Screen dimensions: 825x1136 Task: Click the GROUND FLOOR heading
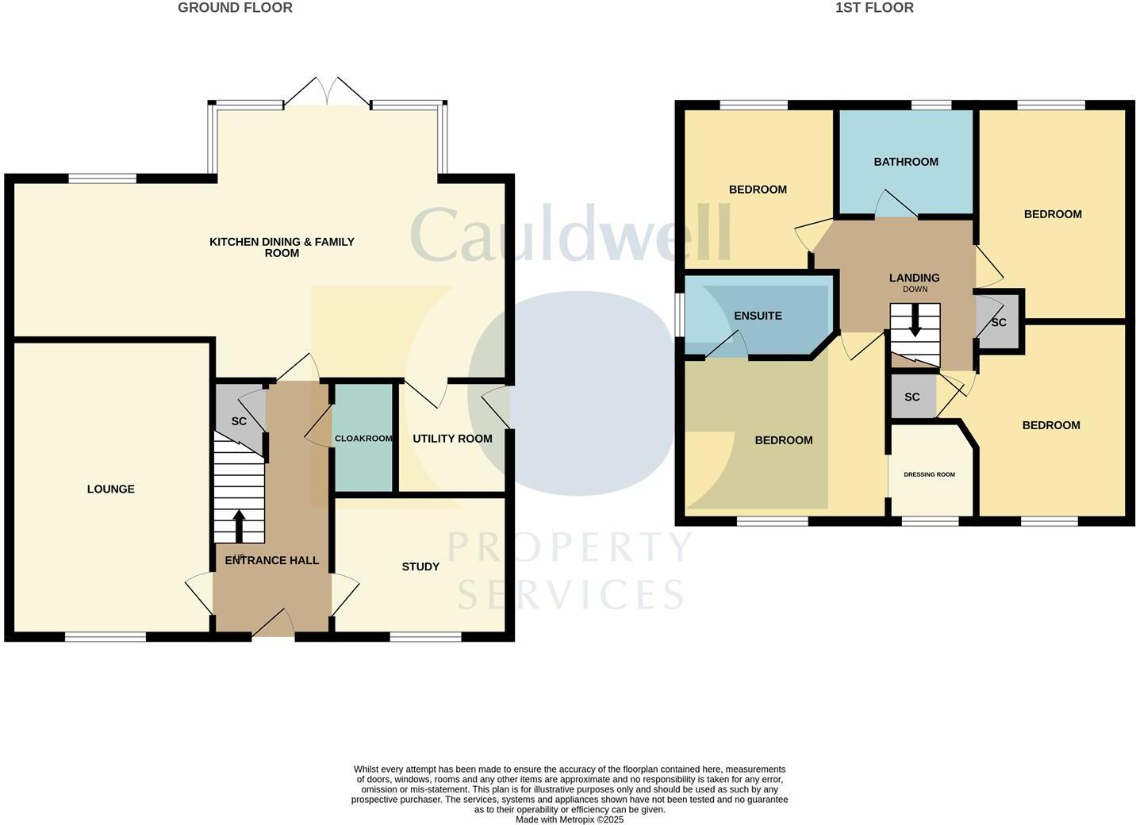(x=235, y=8)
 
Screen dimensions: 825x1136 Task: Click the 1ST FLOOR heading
(x=874, y=8)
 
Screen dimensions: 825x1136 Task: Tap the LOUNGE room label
(x=111, y=489)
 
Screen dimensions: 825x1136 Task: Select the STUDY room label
(x=420, y=566)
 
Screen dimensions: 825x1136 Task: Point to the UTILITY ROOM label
(x=452, y=439)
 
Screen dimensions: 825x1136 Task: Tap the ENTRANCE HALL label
(x=272, y=561)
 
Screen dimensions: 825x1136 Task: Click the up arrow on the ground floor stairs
(x=239, y=524)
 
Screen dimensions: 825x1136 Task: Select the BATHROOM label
(x=906, y=162)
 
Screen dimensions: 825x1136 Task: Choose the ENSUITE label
(x=758, y=316)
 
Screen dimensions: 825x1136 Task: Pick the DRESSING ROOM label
(x=930, y=474)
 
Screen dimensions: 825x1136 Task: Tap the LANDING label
(x=915, y=278)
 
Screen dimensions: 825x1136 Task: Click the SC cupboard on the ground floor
(x=239, y=421)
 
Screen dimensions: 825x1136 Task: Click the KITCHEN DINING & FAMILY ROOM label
(x=282, y=247)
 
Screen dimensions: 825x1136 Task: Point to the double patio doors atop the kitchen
(x=327, y=93)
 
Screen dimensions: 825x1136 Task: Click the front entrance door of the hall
(x=273, y=624)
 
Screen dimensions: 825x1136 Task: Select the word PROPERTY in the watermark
(x=570, y=547)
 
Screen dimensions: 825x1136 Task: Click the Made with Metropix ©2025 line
(x=570, y=819)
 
